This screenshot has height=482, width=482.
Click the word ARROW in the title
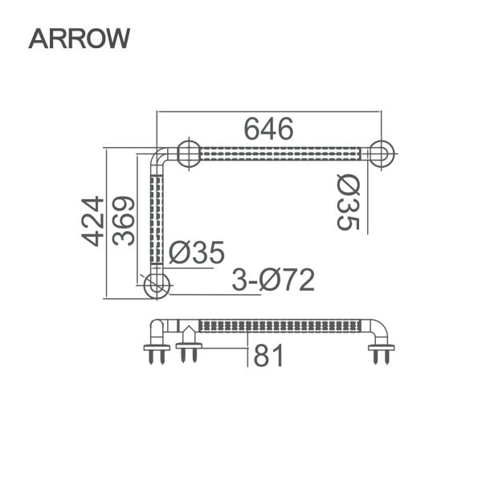(79, 38)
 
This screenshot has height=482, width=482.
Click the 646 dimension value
(268, 128)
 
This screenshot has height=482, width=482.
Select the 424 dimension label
(94, 221)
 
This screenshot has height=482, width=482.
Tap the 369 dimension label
(124, 221)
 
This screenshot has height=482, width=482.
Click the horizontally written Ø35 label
(198, 253)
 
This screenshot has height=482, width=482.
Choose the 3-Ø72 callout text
(272, 280)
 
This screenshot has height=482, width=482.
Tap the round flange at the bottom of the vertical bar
(157, 284)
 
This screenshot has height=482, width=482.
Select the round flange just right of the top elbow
(189, 153)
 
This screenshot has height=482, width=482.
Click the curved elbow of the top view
(162, 158)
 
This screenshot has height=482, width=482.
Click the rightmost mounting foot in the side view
(381, 350)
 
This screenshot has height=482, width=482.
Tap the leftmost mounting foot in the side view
(157, 350)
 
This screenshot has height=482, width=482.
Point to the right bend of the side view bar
(379, 329)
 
